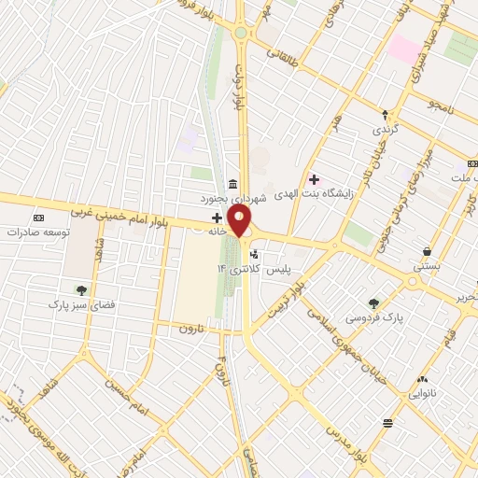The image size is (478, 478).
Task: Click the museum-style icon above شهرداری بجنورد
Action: pos(232,183)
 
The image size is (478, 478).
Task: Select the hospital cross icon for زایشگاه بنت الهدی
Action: pos(314,179)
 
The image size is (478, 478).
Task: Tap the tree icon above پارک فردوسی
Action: pos(373,302)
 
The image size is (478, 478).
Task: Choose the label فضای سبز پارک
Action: pos(81,304)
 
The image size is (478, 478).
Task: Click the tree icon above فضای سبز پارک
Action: pos(81,289)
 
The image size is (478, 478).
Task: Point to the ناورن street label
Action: pos(191,329)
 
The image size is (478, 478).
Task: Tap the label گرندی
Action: pos(385,127)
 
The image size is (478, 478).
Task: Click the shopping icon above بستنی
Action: pos(427,251)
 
